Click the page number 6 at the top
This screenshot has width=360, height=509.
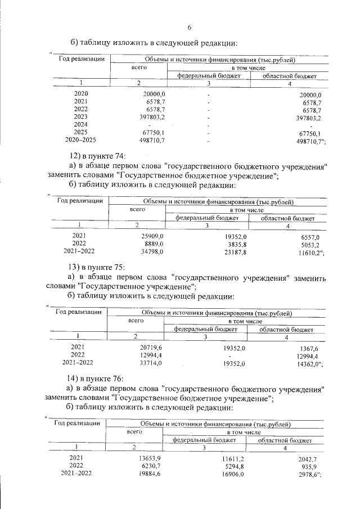189,28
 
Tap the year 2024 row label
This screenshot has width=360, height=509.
80,124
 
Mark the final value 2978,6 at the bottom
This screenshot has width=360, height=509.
307,475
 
